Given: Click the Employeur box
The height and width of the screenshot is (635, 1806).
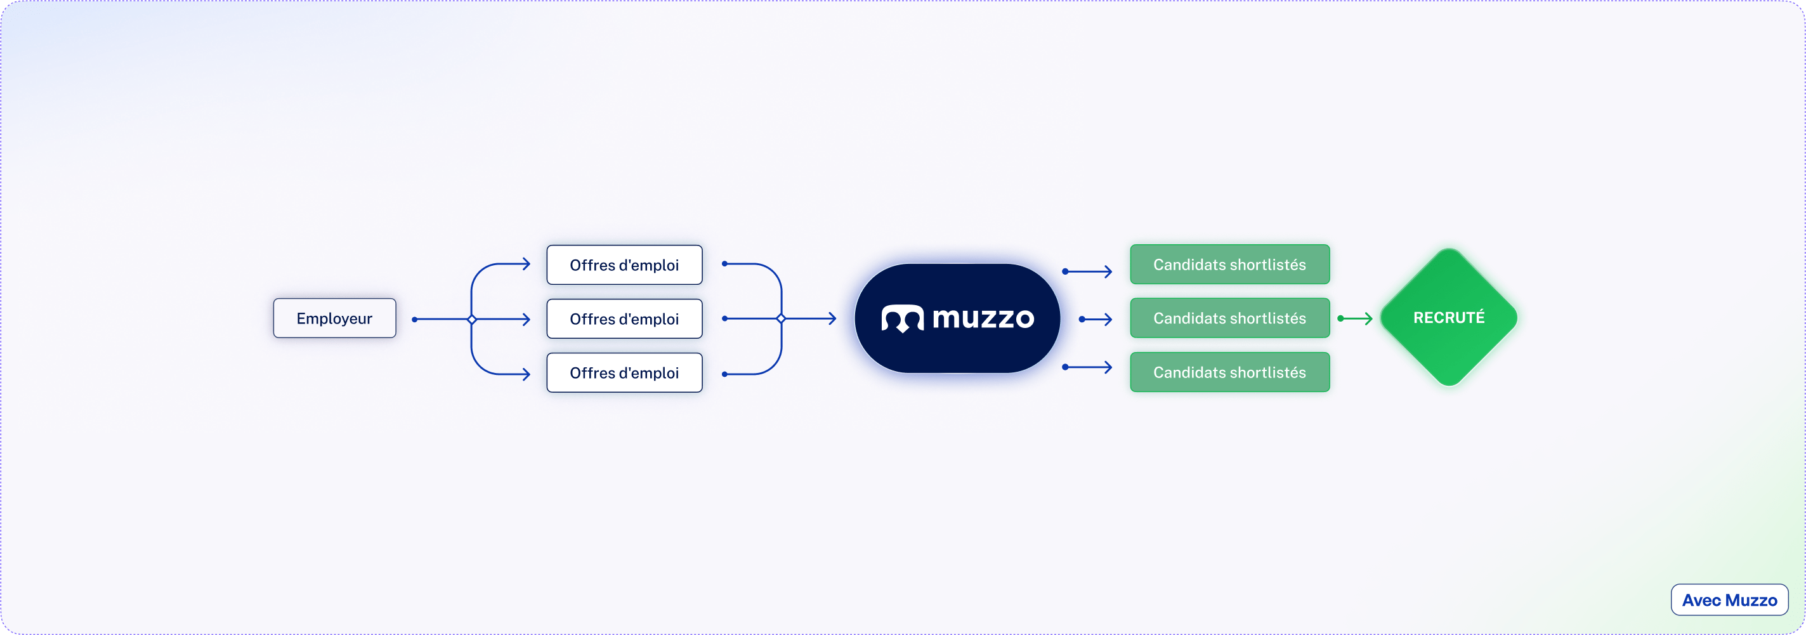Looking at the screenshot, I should pos(334,318).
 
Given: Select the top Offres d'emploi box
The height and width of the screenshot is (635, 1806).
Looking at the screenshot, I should pos(624,265).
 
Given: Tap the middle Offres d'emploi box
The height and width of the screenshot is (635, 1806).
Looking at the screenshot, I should pos(624,319).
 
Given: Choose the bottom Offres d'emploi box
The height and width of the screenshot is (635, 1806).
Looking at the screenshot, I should pos(624,373).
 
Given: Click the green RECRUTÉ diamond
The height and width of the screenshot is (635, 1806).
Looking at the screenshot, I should pos(1448,317).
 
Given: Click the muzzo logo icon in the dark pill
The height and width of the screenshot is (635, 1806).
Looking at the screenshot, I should pos(902,319).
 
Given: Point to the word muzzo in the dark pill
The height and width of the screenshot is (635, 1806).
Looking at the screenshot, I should pos(983,319).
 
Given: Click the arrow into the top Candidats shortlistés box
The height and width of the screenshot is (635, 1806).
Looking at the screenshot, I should pos(1088,272).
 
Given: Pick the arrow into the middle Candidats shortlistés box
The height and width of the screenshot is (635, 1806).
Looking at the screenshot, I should pos(1097,320).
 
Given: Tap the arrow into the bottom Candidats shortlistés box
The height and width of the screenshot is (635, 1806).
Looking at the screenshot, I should pos(1088,367).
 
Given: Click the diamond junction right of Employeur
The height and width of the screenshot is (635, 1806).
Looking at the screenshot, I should pos(472,320).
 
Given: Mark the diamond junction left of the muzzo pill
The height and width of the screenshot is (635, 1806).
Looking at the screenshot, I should pos(781,319).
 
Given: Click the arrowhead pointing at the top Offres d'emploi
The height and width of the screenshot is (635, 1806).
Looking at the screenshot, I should pos(526,265).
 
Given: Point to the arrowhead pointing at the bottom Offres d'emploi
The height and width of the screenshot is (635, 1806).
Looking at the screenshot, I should pos(526,374).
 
